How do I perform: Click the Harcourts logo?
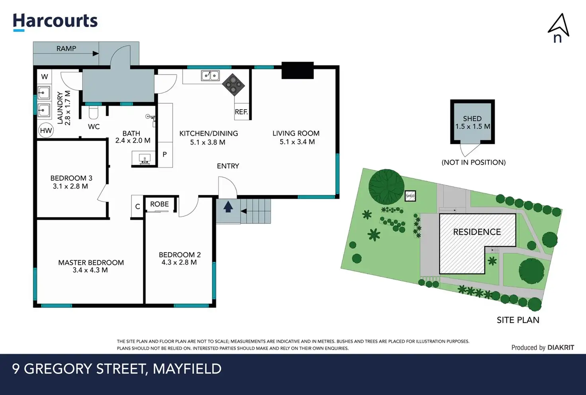coord(55,22)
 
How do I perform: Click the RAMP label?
coord(66,49)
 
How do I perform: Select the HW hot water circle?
coord(46,130)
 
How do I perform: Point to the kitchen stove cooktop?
coord(233,84)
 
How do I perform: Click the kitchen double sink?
coord(210,75)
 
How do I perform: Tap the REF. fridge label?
coord(241,112)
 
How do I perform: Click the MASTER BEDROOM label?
coord(91,262)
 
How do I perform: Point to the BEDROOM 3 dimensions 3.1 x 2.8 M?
coord(70,186)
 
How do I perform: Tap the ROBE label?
coord(159,204)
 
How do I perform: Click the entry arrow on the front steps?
coord(228,207)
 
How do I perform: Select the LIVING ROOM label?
coord(296,133)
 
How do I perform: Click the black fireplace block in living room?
coord(297,71)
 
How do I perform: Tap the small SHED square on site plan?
coord(410,196)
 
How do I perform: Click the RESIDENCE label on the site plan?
coord(477,232)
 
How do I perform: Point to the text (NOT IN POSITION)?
coord(473,162)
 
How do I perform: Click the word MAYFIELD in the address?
coord(187,369)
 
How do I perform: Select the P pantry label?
coord(164,154)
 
